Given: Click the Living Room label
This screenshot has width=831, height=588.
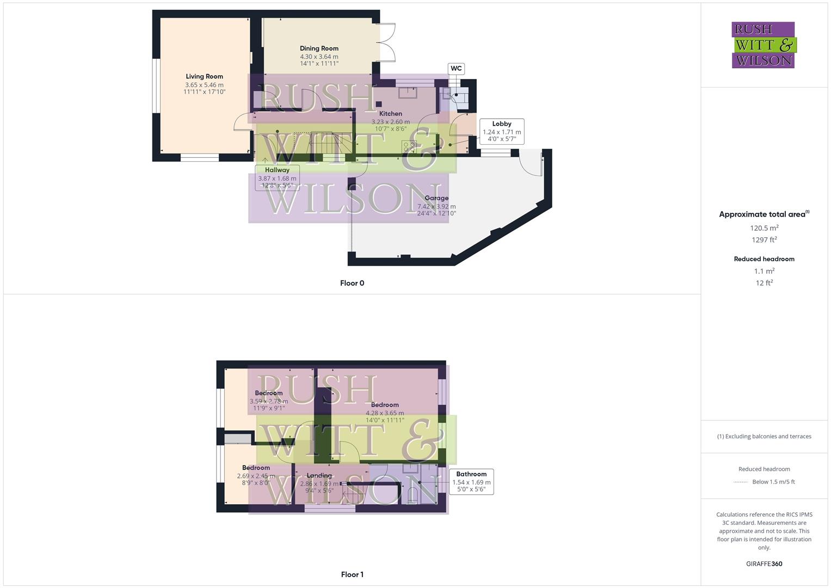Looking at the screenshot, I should coord(204,77).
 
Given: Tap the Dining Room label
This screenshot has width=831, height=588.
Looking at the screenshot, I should coord(319,48).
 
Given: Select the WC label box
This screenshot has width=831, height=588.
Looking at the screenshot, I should coord(456,69).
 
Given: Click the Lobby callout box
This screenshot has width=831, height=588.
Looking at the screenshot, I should coord(502,131).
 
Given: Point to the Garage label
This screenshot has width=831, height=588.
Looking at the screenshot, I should coord(436,198).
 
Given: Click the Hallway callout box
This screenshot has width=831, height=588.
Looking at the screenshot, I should coord(277,177).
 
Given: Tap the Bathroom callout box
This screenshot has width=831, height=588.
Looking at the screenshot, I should coord(471,481).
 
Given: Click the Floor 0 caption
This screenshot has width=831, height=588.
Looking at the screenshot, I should coord(352,283).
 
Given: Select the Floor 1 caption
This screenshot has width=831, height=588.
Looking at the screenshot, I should coord(352,574).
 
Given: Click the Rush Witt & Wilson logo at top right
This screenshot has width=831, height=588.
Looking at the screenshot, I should coord(764,45).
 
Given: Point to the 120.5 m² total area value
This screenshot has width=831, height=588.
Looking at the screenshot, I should coord(764,228).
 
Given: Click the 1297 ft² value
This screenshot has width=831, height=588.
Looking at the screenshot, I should coord(764,240).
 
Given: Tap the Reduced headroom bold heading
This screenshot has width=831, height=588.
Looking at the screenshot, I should coord(764,259).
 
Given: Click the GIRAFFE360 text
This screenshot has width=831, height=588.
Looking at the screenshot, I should coord(764,564).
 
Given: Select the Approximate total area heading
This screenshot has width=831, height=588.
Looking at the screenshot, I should coord(764,215).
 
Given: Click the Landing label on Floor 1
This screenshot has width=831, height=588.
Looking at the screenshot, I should coord(319,475).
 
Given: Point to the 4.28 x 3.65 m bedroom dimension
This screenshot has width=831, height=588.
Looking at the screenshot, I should coord(385,413).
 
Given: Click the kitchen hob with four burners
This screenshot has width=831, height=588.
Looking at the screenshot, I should coord(409,146).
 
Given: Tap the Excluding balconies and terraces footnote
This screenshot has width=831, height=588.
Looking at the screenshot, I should coord(764,436).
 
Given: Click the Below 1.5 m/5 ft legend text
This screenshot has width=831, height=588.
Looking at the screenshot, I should coord(773,482).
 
